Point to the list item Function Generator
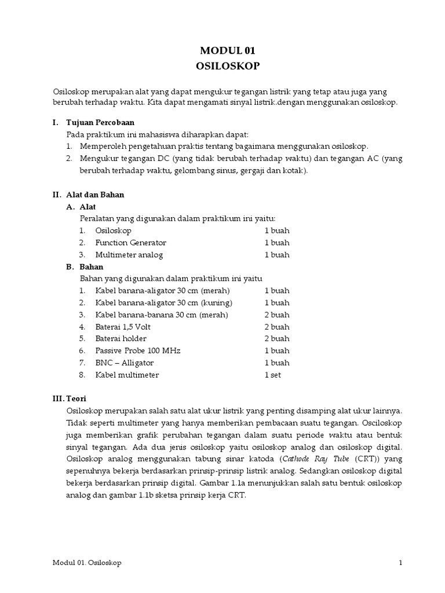[x=130, y=243]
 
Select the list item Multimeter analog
[x=129, y=255]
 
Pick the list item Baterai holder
[x=121, y=339]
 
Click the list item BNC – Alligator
[x=124, y=363]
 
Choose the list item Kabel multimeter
[x=127, y=375]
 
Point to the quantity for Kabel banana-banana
[x=277, y=315]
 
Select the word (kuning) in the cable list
[x=216, y=303]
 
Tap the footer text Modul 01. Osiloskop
[x=87, y=563]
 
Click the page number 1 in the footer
[x=400, y=563]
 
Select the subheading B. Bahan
[x=85, y=267]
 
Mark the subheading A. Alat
[x=81, y=207]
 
